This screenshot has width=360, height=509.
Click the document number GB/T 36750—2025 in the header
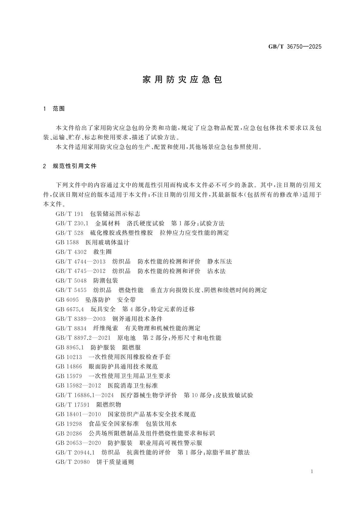click(x=295, y=47)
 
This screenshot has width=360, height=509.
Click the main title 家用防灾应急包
click(x=182, y=79)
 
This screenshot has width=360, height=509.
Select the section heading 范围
click(x=59, y=109)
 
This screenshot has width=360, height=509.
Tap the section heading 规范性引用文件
click(x=74, y=166)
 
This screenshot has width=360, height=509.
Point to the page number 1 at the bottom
click(x=312, y=472)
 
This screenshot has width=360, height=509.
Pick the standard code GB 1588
click(x=67, y=243)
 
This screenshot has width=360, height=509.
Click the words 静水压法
click(x=220, y=262)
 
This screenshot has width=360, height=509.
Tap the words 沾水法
click(x=216, y=271)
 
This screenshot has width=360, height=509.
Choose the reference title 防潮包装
click(x=105, y=281)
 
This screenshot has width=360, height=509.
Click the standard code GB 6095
click(x=67, y=300)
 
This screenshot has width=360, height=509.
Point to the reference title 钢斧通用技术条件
click(x=137, y=319)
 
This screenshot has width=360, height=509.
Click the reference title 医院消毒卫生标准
click(x=133, y=386)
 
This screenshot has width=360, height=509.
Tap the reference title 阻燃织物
click(x=109, y=405)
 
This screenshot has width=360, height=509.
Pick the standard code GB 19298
click(x=69, y=424)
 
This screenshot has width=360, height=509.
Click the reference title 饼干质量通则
click(x=115, y=462)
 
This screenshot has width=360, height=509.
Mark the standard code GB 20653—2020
click(x=78, y=443)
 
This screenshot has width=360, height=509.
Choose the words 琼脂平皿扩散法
click(x=228, y=453)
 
